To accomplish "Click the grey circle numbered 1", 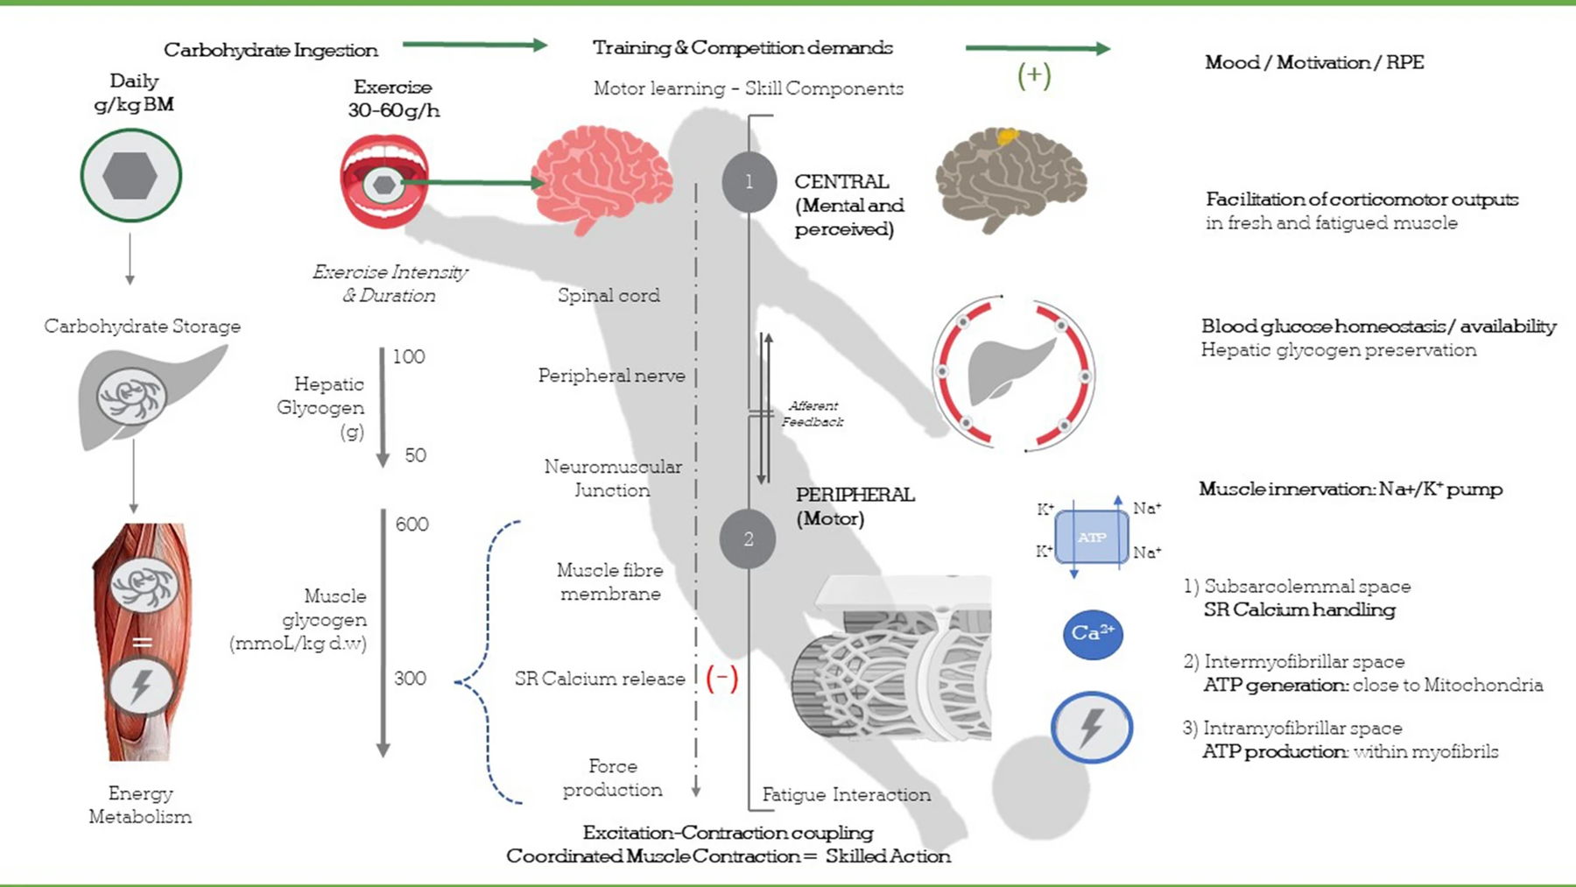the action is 749,182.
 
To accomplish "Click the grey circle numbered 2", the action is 748,539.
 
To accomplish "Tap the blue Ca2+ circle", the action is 1093,634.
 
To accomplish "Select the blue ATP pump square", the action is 1092,537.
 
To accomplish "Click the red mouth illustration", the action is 384,181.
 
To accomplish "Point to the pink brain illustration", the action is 602,179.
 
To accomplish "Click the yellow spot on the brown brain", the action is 1008,136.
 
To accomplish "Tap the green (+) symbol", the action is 1034,75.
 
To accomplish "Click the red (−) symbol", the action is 721,678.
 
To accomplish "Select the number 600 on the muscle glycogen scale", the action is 412,524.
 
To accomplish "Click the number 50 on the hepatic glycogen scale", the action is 415,455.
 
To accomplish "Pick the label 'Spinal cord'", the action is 609,296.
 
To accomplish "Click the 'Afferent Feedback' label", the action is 813,413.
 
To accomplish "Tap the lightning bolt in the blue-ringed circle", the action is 1091,727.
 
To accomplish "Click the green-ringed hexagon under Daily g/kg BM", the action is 130,176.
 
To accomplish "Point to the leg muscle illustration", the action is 141,642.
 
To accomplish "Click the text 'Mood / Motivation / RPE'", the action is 1314,62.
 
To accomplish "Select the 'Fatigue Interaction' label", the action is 846,795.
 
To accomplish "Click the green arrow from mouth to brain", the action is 473,183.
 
